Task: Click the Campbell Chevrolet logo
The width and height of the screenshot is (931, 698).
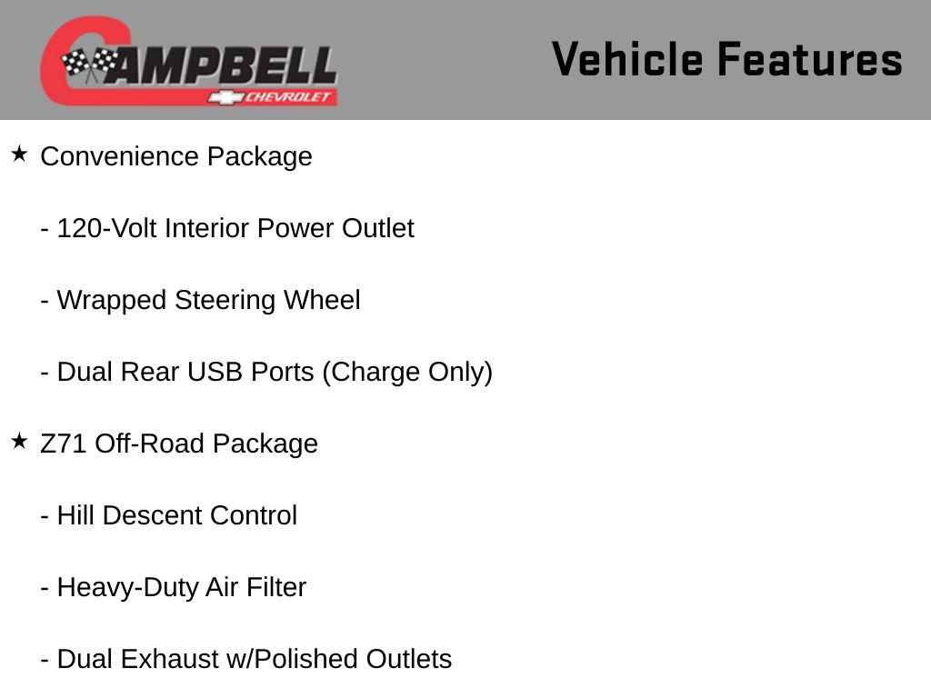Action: click(x=188, y=61)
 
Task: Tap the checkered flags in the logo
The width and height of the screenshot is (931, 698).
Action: click(x=89, y=64)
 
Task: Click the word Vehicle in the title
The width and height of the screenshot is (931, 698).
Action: click(x=627, y=60)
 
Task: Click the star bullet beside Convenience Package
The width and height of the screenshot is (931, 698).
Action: click(x=19, y=155)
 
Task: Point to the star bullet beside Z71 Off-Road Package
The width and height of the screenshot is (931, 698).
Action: click(x=19, y=442)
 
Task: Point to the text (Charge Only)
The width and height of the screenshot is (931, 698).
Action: click(x=407, y=373)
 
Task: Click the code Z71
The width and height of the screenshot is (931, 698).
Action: click(x=64, y=444)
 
